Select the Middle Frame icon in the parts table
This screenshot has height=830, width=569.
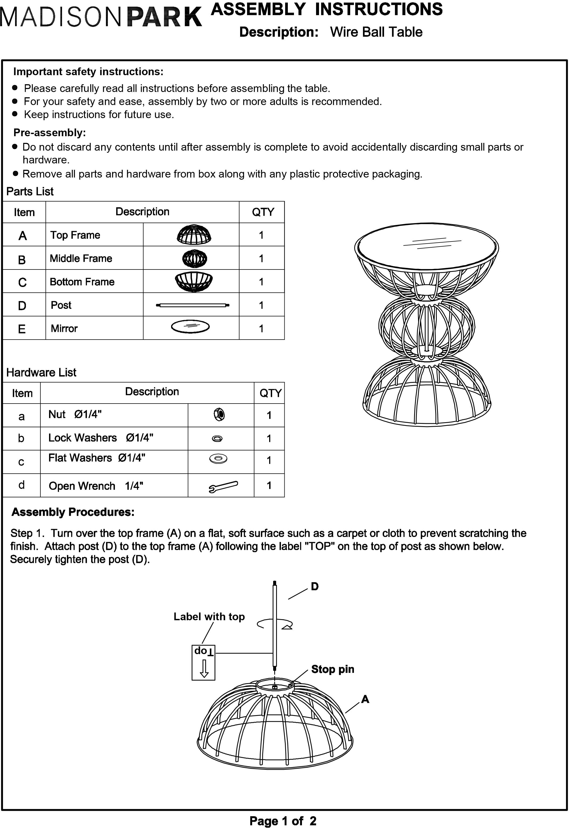194,258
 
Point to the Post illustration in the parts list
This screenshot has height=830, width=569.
192,305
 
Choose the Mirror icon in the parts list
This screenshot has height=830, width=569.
190,327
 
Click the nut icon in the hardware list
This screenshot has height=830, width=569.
219,415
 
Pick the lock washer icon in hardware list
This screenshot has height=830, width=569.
217,438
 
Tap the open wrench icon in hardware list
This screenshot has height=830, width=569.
223,486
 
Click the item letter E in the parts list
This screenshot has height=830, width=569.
22,329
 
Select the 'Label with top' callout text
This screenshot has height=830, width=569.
209,617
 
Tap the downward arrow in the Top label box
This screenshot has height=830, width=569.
204,668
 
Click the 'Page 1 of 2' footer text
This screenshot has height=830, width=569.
283,821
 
